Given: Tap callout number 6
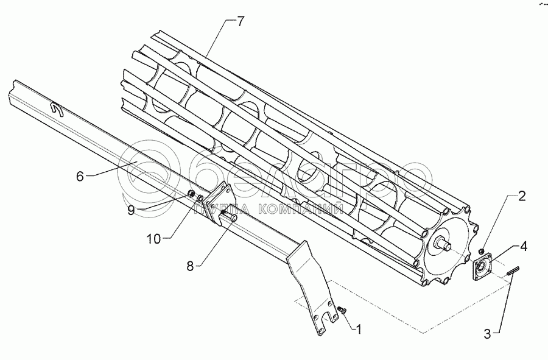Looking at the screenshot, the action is pyautogui.click(x=80, y=176).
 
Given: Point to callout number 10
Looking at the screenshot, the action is pyautogui.click(x=155, y=239).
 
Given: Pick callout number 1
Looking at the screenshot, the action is pyautogui.click(x=359, y=330).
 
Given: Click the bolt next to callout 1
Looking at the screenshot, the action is pyautogui.click(x=342, y=311).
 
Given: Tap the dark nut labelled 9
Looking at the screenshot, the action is pyautogui.click(x=190, y=194).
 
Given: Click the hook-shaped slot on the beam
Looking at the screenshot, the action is pyautogui.click(x=57, y=109).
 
